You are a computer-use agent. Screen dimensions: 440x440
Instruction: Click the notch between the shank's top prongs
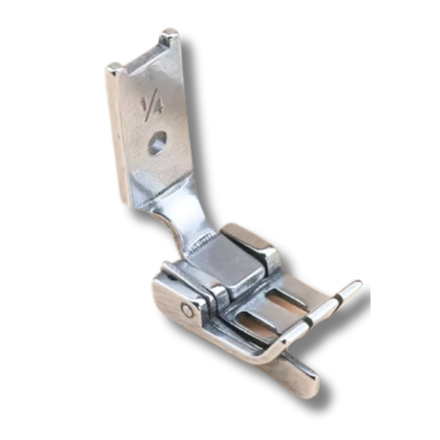click(x=143, y=58)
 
